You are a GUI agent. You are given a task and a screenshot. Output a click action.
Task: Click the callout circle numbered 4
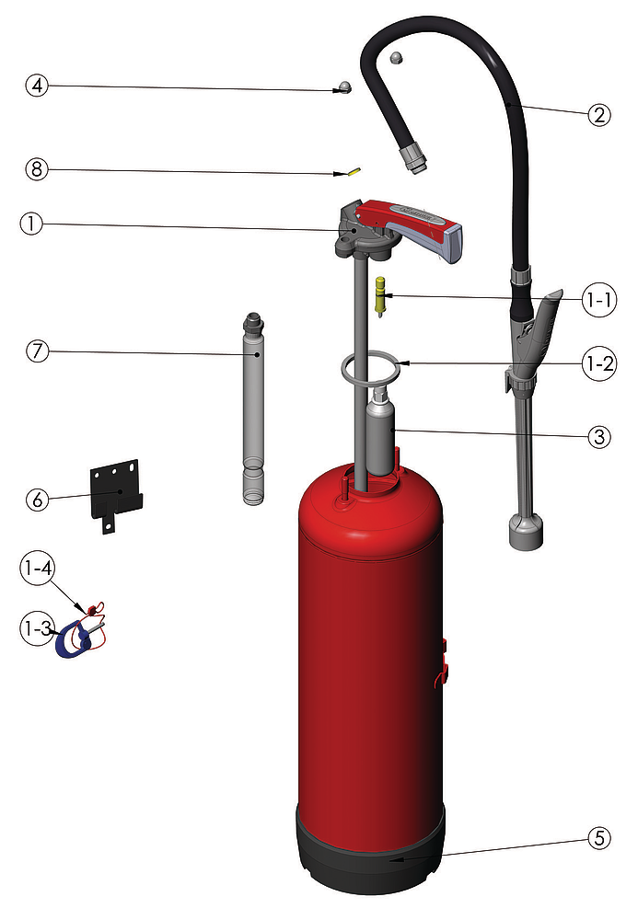[37, 86]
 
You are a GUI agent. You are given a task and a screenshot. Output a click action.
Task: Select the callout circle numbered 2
[599, 114]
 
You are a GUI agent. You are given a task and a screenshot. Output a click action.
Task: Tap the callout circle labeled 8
[37, 169]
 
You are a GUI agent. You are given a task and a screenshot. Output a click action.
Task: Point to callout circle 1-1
[599, 300]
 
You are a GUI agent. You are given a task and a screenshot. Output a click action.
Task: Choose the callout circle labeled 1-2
[599, 363]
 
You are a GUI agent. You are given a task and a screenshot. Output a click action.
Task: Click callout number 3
[599, 436]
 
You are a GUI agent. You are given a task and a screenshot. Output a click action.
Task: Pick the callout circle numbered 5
[599, 838]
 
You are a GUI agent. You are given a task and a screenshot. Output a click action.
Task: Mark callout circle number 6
[38, 500]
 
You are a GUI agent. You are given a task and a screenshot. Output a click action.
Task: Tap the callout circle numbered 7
[38, 351]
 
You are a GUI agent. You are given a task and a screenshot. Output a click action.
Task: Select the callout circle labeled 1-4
[38, 568]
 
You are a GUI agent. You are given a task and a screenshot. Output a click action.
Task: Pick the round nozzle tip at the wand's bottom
[526, 532]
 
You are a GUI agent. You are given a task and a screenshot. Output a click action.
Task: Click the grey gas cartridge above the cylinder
[381, 434]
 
